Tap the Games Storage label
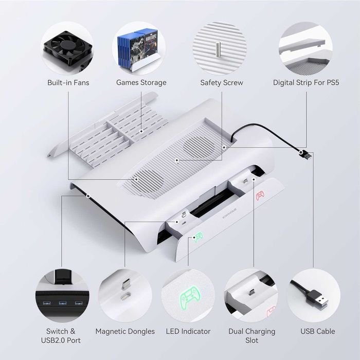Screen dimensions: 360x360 (x=141, y=82)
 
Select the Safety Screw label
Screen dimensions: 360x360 (x=222, y=82)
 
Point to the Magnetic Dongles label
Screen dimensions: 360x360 (x=125, y=331)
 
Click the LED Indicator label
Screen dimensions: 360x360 (x=188, y=331)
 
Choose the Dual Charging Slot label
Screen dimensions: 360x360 (x=252, y=336)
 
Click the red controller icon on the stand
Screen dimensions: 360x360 (x=260, y=195)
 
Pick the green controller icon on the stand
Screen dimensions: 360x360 (x=197, y=237)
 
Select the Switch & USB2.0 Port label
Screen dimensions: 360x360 (x=61, y=336)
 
